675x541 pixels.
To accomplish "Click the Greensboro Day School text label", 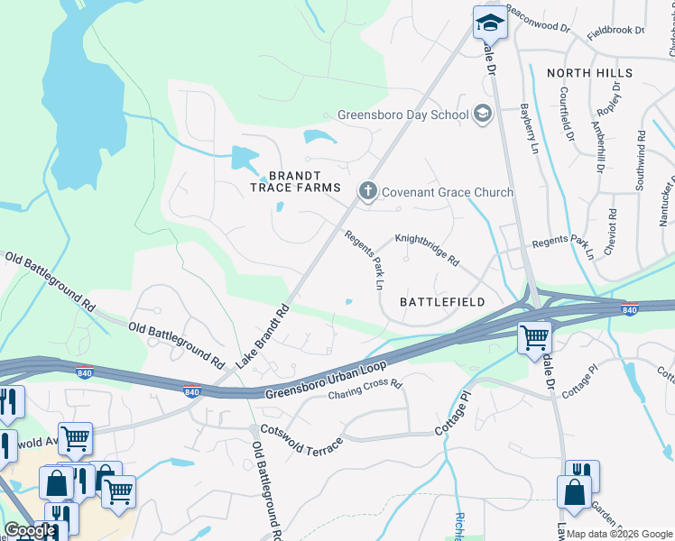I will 402,115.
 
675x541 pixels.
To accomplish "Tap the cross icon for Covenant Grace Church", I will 367,191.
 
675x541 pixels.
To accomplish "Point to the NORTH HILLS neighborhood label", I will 586,73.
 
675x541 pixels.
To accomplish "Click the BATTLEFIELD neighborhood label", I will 442,302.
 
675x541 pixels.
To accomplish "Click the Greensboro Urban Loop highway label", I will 326,380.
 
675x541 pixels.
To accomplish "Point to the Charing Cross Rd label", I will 365,390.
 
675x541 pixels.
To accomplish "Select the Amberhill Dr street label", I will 596,142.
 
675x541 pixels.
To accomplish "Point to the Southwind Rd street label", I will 641,143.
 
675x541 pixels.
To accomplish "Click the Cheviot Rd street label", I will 610,232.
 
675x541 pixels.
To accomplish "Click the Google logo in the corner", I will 29,530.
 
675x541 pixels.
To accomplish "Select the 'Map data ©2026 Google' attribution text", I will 619,534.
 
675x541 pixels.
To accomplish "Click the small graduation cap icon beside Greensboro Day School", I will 482,114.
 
